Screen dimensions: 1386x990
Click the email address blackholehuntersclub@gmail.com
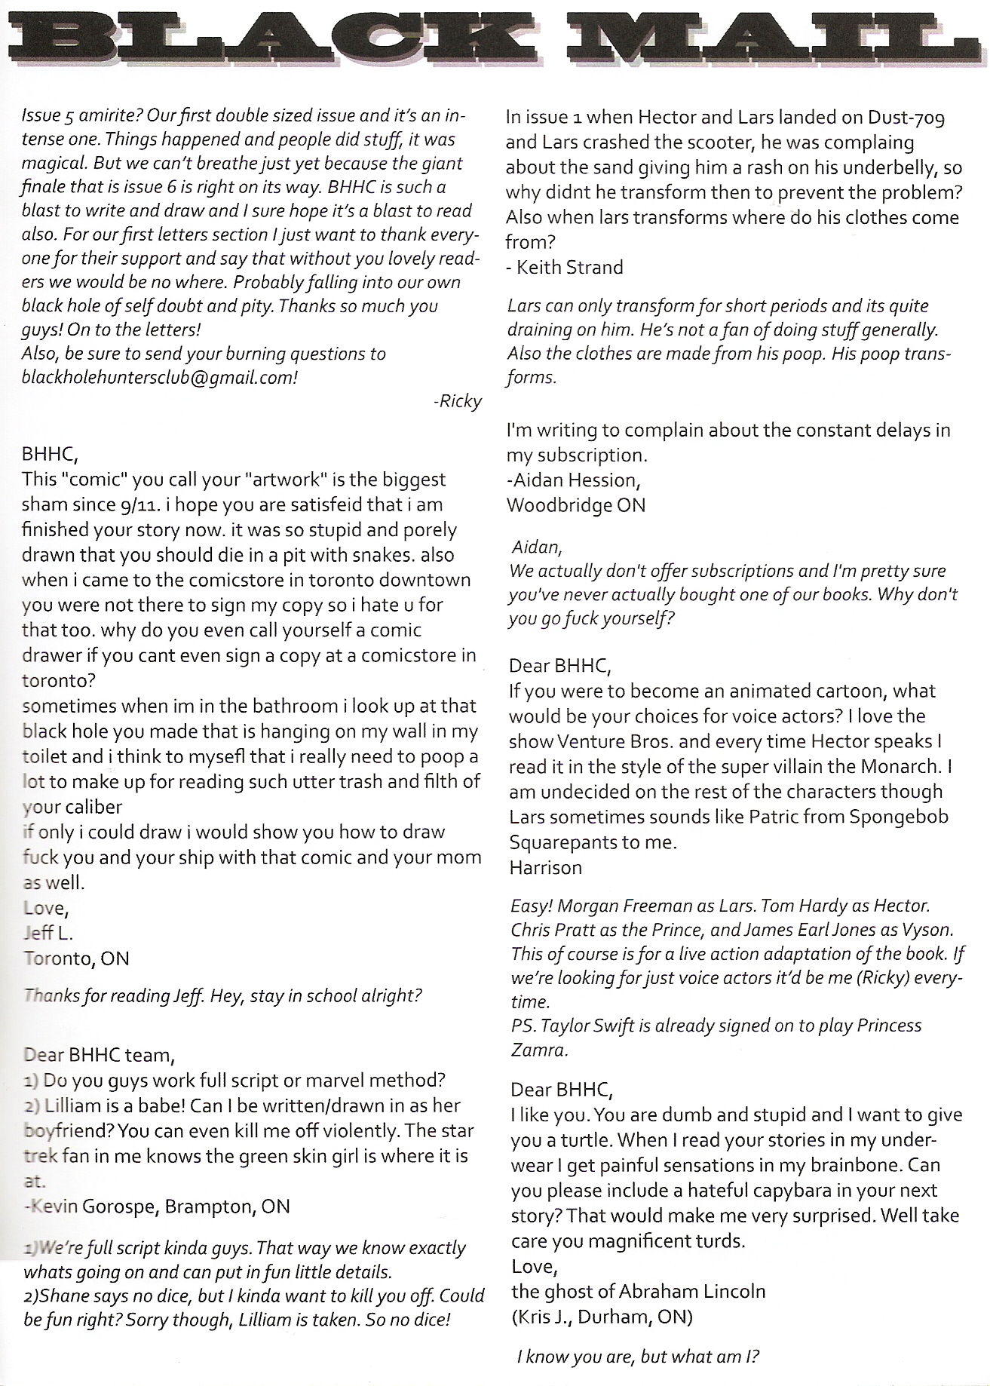(x=159, y=378)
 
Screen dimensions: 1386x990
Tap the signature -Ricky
(x=458, y=401)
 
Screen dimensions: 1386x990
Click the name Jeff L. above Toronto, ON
(x=48, y=934)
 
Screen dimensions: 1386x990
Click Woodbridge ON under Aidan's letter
(x=576, y=504)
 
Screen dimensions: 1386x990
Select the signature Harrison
(x=545, y=867)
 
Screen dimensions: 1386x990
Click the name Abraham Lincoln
(x=692, y=1291)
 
